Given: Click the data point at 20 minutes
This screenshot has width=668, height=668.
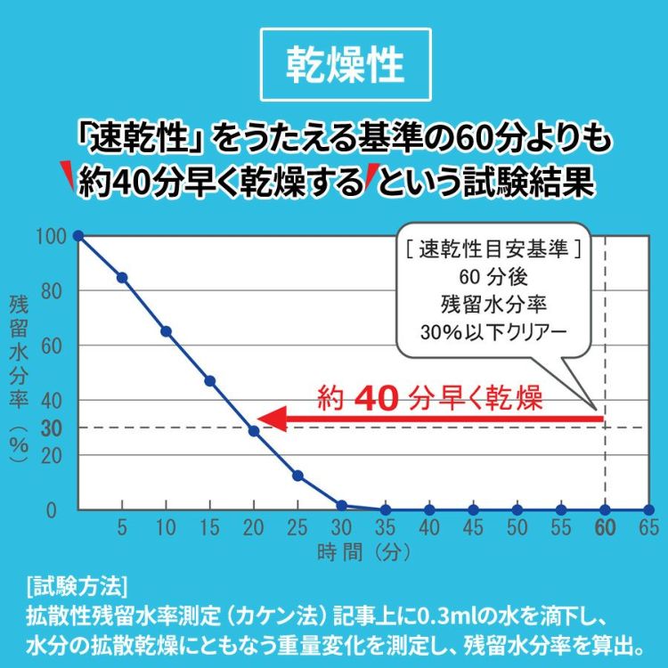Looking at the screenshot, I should tap(254, 430).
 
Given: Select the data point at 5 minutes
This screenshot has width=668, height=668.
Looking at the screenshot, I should tap(122, 277).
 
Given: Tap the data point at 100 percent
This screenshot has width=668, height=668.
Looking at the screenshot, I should tap(78, 235).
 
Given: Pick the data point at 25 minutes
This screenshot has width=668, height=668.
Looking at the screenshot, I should tap(297, 476).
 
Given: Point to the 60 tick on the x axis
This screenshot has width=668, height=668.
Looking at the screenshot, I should tap(605, 527).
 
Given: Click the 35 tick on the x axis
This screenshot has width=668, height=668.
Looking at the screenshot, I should tap(385, 527).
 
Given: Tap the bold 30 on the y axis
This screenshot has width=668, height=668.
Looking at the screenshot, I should tap(52, 428).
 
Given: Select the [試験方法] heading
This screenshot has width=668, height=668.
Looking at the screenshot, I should tap(77, 587).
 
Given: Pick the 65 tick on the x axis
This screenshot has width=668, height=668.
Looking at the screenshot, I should tap(648, 527).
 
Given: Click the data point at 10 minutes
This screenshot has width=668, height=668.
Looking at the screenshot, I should tap(166, 331).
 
